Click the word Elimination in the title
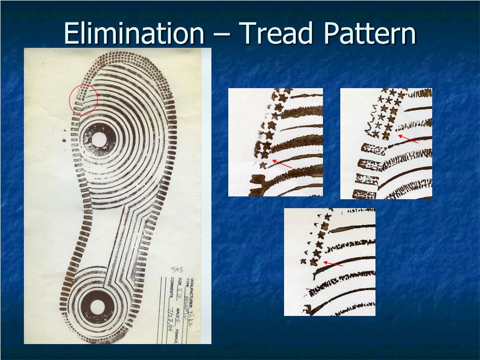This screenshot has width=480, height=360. pyautogui.click(x=134, y=34)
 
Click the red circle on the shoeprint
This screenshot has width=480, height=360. pyautogui.click(x=83, y=99)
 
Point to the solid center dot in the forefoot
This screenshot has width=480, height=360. pyautogui.click(x=99, y=139)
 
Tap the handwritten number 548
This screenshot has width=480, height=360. pyautogui.click(x=177, y=270)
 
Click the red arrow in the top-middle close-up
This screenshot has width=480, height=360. pyautogui.click(x=282, y=164)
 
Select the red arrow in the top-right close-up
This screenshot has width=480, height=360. pyautogui.click(x=408, y=139)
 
